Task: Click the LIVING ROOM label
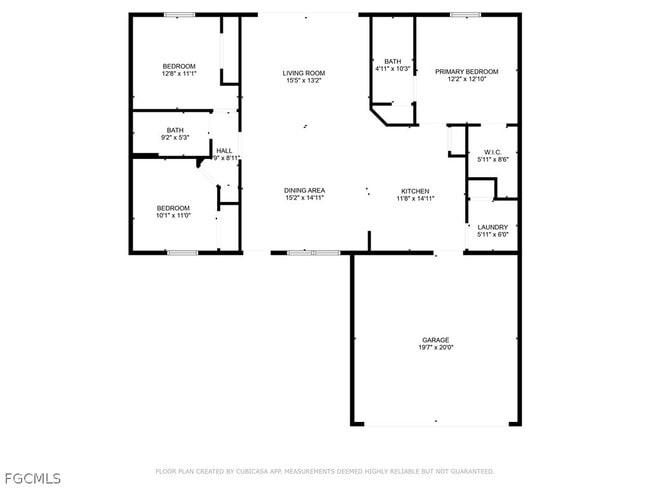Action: [304, 73]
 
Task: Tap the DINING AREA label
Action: [304, 190]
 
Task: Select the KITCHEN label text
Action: [415, 190]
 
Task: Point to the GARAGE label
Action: [435, 340]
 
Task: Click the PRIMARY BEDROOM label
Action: [466, 72]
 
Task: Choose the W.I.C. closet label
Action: [493, 152]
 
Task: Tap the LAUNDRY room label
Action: [493, 227]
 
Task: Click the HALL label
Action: [224, 151]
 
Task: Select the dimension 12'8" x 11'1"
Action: [179, 74]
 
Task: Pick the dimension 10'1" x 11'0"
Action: [172, 215]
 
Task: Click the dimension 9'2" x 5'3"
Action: [175, 137]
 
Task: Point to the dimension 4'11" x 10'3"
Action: [393, 69]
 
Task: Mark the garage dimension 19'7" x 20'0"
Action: [435, 348]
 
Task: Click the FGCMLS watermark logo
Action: [33, 477]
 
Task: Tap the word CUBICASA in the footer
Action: [257, 471]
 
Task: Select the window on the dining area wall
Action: [300, 252]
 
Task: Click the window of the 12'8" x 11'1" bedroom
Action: [179, 14]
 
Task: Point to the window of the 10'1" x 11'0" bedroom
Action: [182, 252]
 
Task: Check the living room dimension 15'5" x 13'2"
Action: [304, 81]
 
